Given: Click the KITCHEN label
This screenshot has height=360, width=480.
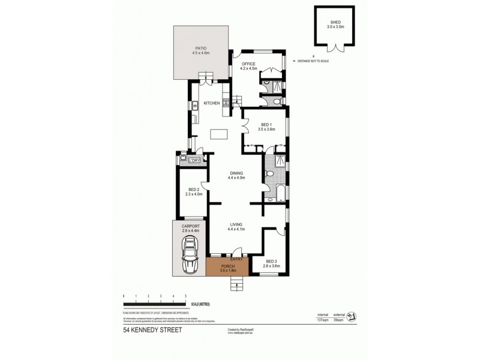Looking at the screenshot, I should (x=212, y=103).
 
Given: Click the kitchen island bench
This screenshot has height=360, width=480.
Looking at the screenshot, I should (x=220, y=134).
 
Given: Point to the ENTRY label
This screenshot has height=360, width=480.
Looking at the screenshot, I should (x=236, y=259).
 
